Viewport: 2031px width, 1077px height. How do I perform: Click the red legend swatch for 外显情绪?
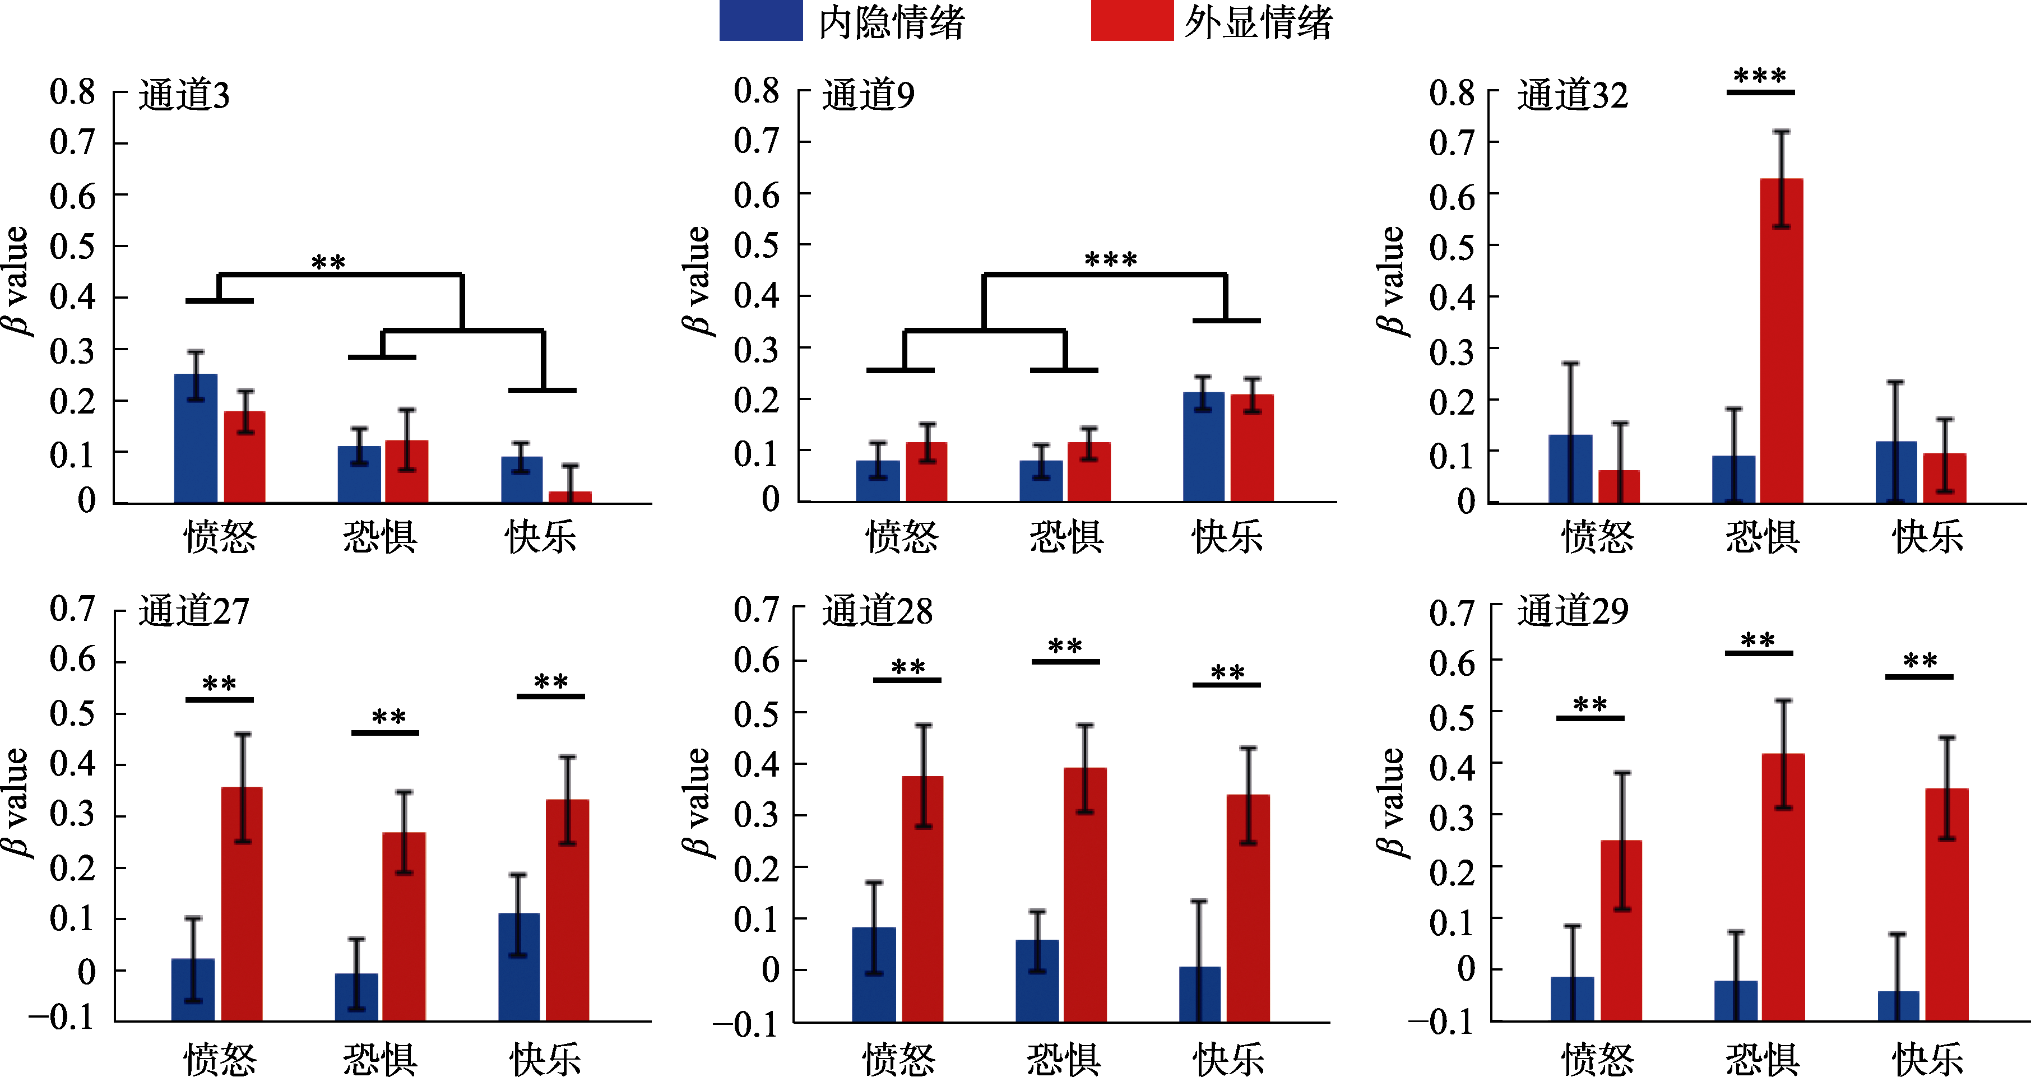pos(1132,21)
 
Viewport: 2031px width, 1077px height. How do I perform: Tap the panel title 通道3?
pos(184,95)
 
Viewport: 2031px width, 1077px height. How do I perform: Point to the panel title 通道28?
pos(877,611)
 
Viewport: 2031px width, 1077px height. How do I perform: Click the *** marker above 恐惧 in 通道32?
pos(1760,76)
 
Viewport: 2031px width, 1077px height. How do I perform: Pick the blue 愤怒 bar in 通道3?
pos(196,438)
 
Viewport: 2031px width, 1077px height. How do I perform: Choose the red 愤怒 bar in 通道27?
pos(242,903)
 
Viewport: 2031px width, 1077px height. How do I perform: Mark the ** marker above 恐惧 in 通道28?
pos(1065,647)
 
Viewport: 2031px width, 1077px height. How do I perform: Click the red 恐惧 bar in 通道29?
pos(1783,887)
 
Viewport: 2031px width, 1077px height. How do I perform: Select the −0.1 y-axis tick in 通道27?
pos(62,1017)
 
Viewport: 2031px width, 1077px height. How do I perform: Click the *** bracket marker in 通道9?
pos(1111,259)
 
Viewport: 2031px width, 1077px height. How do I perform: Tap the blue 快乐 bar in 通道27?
pos(519,967)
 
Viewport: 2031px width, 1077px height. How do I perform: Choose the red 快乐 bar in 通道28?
pos(1248,907)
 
